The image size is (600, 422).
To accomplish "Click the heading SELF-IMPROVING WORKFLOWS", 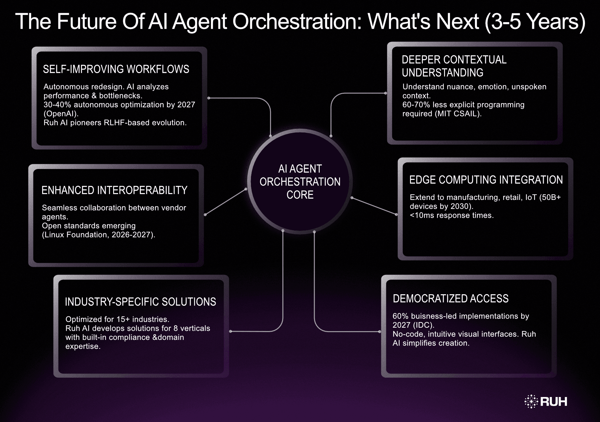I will click(116, 69).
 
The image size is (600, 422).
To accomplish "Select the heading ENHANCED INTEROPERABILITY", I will click(114, 190).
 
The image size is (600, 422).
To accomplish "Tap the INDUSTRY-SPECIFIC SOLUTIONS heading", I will click(140, 302).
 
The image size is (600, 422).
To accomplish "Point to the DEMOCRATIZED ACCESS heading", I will click(450, 299).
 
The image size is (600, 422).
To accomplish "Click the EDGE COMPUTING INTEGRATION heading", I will click(486, 180).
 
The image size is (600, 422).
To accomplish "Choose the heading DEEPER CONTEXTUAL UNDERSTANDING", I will click(454, 66).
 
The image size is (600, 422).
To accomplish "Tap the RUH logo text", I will click(553, 402).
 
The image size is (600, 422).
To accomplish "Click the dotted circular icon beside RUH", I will click(531, 401).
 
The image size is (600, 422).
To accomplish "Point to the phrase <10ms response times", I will click(452, 216).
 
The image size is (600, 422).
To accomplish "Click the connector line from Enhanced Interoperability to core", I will click(226, 202).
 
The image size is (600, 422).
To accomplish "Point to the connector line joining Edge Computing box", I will click(374, 206).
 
